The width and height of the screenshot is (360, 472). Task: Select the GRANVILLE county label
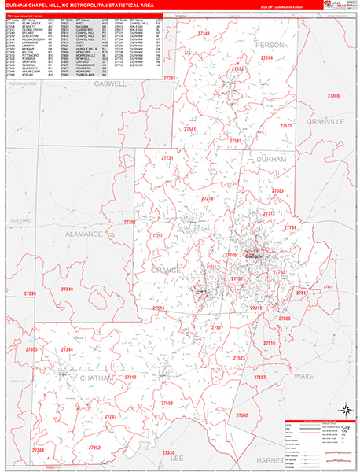coord(327,123)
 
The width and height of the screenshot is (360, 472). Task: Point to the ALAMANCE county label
coord(83,234)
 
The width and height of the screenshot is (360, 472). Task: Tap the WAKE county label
coord(303,377)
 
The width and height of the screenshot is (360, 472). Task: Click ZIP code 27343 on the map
coord(204,34)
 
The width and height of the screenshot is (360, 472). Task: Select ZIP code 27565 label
coord(334,95)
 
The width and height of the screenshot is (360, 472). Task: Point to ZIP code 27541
coord(189,128)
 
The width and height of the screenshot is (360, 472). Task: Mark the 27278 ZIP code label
coord(208,199)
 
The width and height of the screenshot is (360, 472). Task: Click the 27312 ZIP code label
coord(130,377)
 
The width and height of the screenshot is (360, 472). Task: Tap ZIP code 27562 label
coord(241,415)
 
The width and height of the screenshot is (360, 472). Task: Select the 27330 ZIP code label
coord(168,452)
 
